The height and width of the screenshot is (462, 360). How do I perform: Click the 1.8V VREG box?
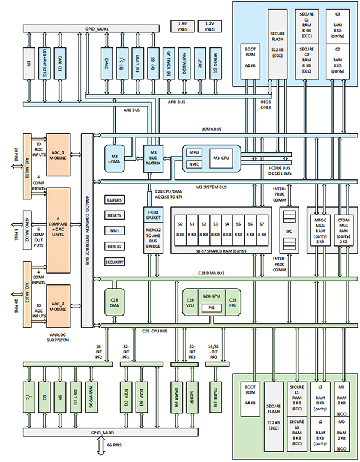click(182, 26)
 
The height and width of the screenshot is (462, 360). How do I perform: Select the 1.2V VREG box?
click(209, 26)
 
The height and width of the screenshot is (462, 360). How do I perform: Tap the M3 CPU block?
click(224, 157)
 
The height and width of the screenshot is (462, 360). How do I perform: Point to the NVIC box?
click(194, 164)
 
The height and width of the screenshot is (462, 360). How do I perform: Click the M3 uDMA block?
click(114, 158)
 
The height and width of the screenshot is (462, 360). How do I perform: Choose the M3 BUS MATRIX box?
click(153, 158)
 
